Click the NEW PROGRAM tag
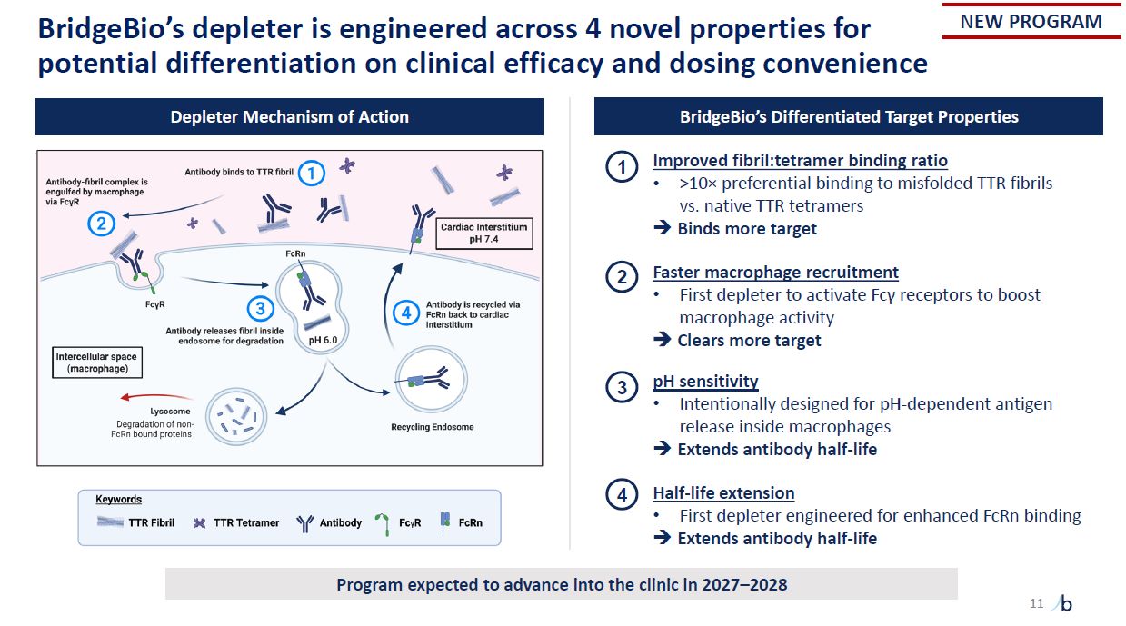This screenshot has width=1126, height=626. tap(1031, 22)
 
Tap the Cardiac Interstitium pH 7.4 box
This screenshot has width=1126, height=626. tap(484, 234)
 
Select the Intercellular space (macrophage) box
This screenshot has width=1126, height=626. tap(97, 363)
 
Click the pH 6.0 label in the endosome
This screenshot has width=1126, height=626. tap(323, 340)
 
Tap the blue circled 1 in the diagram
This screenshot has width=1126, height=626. tap(312, 174)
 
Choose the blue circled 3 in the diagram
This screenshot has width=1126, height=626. tap(261, 308)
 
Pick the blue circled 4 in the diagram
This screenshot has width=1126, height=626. tap(406, 313)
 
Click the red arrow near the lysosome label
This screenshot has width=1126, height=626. tap(155, 397)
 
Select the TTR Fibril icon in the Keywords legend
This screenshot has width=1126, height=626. tap(110, 522)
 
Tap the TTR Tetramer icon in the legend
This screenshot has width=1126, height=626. tap(200, 523)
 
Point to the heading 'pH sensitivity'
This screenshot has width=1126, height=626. tap(705, 382)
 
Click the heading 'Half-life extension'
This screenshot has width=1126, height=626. tap(723, 492)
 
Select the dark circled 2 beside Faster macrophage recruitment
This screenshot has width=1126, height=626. tap(622, 277)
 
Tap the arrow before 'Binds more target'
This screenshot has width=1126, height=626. tap(662, 228)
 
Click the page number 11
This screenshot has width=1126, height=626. tap(1037, 603)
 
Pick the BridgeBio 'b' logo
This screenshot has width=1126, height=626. tap(1064, 603)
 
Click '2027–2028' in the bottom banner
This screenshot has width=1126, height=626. tap(744, 584)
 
